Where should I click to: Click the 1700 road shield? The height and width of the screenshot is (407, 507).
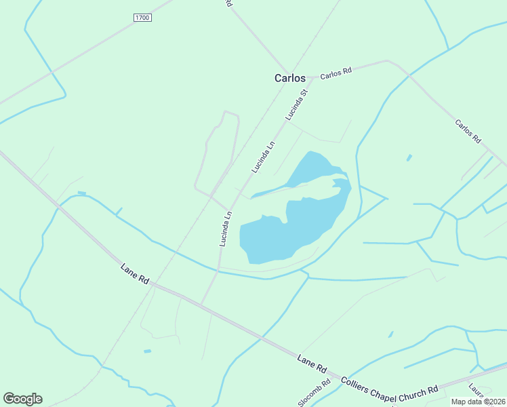[142, 17]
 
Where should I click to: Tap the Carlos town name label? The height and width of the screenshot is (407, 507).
[289, 78]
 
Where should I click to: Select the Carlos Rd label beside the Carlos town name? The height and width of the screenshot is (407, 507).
[336, 73]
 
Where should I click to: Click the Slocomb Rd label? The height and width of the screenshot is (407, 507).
[314, 393]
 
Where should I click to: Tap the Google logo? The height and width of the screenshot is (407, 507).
[22, 399]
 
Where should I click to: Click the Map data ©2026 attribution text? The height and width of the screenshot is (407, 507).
[478, 402]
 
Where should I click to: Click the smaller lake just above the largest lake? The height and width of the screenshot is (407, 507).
[309, 170]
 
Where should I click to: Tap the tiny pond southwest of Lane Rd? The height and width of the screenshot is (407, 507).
[148, 351]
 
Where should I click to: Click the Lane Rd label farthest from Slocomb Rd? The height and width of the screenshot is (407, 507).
[134, 273]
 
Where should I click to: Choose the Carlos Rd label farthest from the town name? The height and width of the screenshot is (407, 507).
[468, 132]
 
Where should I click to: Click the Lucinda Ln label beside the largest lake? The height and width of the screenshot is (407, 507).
[226, 228]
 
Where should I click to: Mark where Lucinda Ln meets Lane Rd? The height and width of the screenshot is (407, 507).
[201, 303]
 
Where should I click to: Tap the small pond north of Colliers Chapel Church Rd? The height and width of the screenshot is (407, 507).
[391, 334]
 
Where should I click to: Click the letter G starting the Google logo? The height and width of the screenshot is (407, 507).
[9, 399]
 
